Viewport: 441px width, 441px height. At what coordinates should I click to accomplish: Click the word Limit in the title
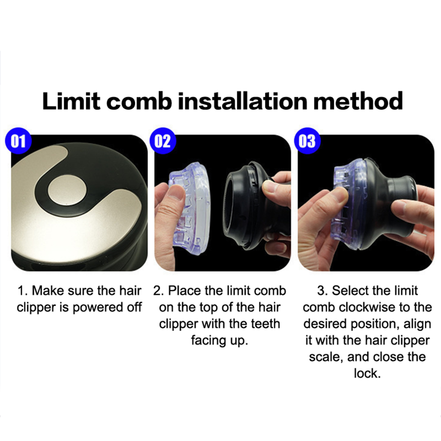pyautogui.click(x=71, y=101)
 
